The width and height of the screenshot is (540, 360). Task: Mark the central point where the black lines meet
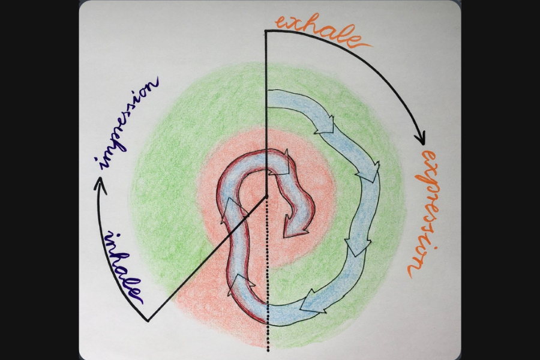(267, 196)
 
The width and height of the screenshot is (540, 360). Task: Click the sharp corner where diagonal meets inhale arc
(148, 320)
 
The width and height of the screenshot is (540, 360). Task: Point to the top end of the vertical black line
(266, 31)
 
